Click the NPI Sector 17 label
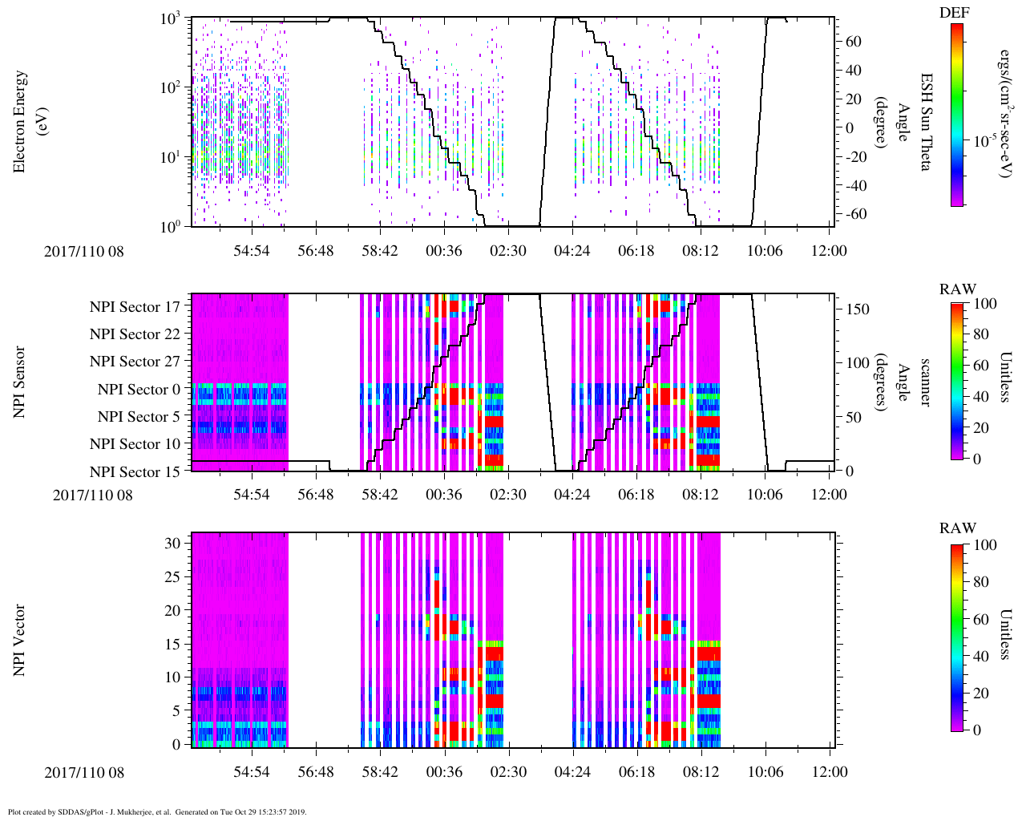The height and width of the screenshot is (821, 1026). point(135,307)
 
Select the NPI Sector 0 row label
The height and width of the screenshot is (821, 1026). point(139,390)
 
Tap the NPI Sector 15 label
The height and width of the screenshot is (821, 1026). point(135,472)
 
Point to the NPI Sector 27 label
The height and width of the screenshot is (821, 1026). point(135,362)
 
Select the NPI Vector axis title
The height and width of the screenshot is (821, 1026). point(20,641)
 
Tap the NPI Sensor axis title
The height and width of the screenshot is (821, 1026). point(20,382)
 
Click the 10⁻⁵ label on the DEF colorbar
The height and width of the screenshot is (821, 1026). point(985,141)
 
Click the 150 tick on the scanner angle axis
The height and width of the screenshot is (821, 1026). point(858,309)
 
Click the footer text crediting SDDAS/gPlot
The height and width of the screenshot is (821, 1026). point(157,811)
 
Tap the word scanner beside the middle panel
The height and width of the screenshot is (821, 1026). point(925,382)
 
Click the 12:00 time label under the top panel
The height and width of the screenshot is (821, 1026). point(829,251)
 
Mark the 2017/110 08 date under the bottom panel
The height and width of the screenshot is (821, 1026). point(84,772)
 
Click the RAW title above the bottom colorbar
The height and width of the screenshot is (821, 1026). point(958,528)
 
